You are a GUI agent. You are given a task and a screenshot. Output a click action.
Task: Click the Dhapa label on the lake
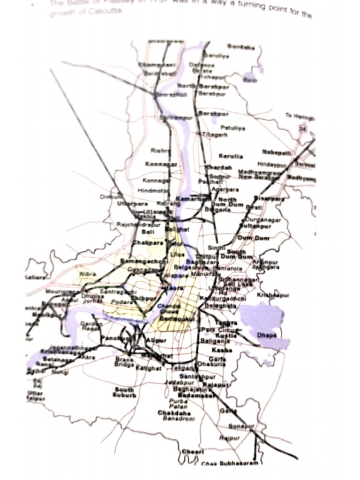tap(267, 335)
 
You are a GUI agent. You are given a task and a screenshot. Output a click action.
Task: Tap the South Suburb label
tap(124, 392)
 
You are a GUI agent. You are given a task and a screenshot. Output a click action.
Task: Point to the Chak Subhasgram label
tap(230, 463)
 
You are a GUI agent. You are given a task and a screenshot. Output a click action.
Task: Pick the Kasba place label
tap(219, 350)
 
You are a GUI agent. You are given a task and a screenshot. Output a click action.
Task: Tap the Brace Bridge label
tap(124, 361)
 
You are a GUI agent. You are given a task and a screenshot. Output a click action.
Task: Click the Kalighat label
tap(149, 368)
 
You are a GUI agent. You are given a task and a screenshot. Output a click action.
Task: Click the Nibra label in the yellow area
tap(88, 274)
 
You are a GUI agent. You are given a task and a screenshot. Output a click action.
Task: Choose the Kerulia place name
tap(231, 156)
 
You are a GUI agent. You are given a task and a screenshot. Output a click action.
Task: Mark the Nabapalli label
tap(276, 152)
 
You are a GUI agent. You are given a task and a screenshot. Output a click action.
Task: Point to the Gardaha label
tap(241, 47)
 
